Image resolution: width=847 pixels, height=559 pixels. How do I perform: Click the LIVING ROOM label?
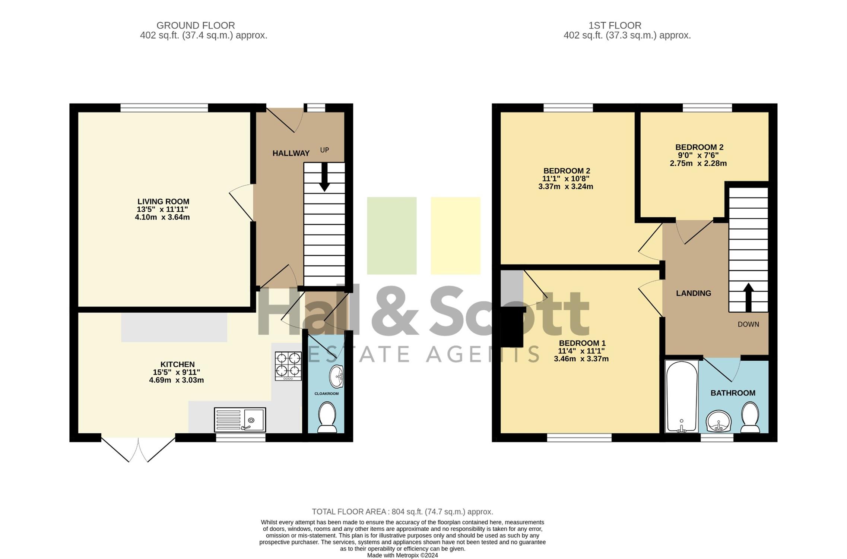tap(163, 202)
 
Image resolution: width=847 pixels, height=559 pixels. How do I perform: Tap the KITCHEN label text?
tap(177, 364)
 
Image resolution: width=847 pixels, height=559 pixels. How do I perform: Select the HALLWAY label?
tap(291, 153)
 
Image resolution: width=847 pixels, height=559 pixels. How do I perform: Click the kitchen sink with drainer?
tap(240, 420)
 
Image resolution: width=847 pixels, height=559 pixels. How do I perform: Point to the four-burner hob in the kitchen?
tap(288, 366)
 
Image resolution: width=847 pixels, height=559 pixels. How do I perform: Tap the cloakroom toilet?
tap(327, 417)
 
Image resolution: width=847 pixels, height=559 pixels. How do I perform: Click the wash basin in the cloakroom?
tap(336, 376)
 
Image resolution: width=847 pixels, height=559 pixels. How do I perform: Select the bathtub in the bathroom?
tap(682, 396)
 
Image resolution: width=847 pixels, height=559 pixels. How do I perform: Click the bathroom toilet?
tap(750, 417)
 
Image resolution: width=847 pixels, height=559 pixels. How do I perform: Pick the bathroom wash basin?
tap(719, 421)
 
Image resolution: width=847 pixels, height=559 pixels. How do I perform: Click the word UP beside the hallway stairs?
tap(324, 150)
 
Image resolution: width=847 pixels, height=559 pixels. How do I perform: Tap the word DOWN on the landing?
tap(748, 324)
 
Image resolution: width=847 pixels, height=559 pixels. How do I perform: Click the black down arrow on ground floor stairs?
tap(324, 177)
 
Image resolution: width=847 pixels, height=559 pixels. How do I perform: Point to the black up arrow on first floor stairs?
tap(748, 297)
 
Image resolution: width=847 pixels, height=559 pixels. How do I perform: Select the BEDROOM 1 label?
tap(582, 343)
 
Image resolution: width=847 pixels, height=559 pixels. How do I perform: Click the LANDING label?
tap(694, 293)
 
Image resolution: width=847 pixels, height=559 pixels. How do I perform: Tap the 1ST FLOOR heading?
tap(615, 25)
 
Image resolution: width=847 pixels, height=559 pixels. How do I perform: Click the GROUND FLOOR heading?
tap(196, 25)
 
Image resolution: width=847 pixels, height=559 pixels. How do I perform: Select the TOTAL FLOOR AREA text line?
tap(402, 512)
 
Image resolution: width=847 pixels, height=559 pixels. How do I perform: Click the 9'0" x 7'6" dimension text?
tap(698, 155)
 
